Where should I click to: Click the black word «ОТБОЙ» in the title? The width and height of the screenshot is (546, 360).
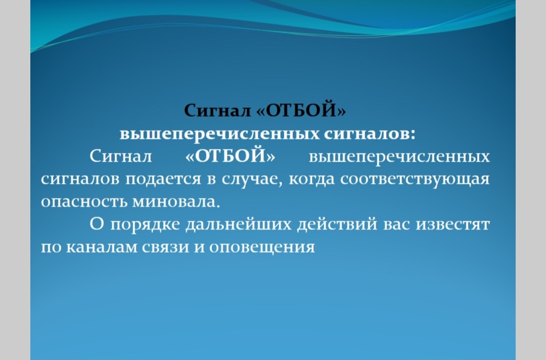coord(301,110)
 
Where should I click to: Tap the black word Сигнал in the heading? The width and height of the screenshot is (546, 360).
coord(217,111)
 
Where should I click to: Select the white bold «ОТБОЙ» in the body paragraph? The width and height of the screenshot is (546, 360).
coord(230,156)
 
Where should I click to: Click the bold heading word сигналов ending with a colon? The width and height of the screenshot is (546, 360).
coord(370,133)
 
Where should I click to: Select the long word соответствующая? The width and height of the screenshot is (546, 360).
coord(415,179)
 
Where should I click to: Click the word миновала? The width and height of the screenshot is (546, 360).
coord(176,202)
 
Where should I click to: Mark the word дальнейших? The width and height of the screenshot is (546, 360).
coord(239,224)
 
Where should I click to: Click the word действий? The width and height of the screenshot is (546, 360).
coord(337,224)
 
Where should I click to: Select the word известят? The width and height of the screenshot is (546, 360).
coord(453,224)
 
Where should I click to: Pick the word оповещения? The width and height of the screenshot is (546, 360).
coord(262,248)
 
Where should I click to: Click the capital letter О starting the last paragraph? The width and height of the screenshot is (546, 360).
coord(97,224)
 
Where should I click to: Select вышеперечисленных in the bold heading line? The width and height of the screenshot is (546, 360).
coord(220,134)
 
